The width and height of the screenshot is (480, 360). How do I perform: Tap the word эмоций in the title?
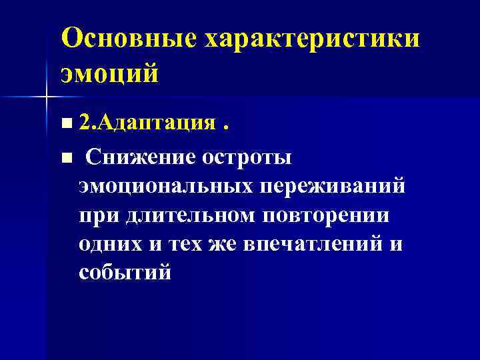[110, 73]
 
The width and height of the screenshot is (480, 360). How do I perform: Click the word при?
[99, 215]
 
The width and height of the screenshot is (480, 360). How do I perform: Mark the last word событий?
[125, 273]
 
